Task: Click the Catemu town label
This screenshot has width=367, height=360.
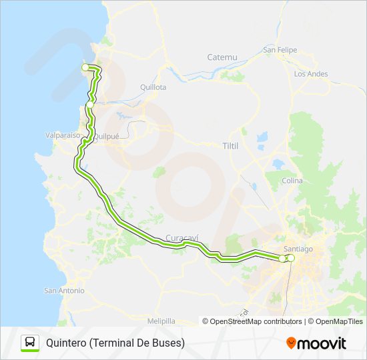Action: coord(222,57)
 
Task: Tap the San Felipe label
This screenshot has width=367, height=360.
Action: coord(279,49)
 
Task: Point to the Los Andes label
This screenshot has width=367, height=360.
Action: coord(311,74)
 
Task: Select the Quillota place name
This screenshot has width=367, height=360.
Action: coord(153,87)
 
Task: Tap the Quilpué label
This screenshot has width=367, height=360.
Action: coord(106,136)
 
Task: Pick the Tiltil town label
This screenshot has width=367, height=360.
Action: coord(230,145)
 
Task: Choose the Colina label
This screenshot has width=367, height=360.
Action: coord(292,181)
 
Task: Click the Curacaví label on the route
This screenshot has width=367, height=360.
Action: coord(179,238)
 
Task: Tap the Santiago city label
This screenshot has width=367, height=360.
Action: coord(298,249)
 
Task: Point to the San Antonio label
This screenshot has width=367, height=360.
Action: coord(64,291)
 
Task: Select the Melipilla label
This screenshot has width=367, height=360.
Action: coord(161,321)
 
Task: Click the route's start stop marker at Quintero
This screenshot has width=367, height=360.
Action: coord(85,67)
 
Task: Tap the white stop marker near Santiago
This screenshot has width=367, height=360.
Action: coord(291,257)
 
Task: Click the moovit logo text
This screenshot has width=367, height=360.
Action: coord(322,343)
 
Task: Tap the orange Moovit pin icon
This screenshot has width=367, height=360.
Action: coord(291,343)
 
